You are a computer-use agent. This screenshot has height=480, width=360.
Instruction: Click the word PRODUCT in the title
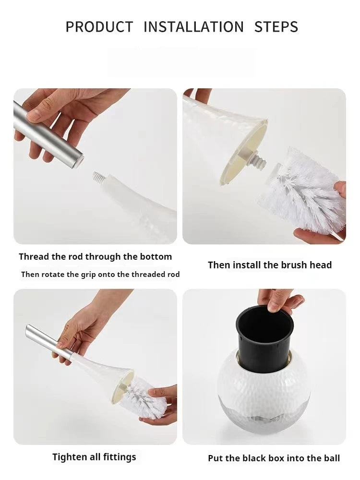[99, 27]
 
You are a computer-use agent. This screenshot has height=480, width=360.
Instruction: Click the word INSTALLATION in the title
[193, 27]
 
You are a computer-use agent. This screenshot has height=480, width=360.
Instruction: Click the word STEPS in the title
[276, 27]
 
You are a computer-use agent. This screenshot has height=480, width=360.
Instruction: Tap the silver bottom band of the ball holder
[264, 413]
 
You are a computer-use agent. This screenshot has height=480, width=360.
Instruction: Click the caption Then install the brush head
[269, 265]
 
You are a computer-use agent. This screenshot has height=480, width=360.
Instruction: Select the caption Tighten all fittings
[94, 457]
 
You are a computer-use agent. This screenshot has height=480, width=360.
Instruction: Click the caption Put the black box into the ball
[274, 458]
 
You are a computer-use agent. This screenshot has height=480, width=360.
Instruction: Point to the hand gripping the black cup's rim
[281, 300]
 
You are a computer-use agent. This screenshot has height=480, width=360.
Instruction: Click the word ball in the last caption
[332, 458]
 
